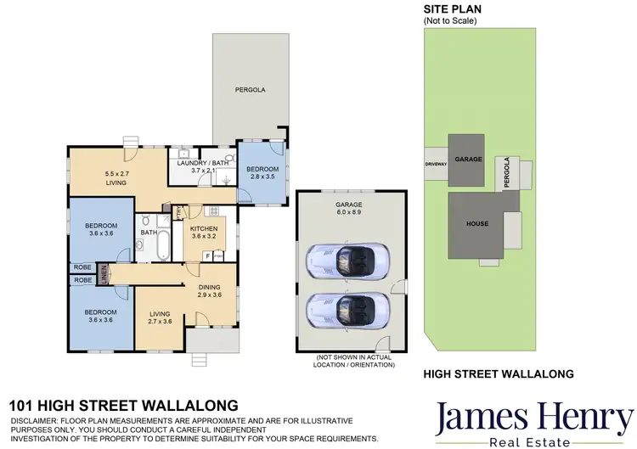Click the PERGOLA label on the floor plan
coord(251,88)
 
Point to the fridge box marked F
coord(207,255)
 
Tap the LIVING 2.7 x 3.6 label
coord(160,317)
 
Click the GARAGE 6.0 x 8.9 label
coord(348,209)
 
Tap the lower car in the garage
coord(346,309)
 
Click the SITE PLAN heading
coord(454,9)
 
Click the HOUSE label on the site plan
coord(476,224)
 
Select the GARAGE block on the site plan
coord(468,160)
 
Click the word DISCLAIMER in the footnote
coord(38,421)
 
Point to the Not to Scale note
coord(450,21)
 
